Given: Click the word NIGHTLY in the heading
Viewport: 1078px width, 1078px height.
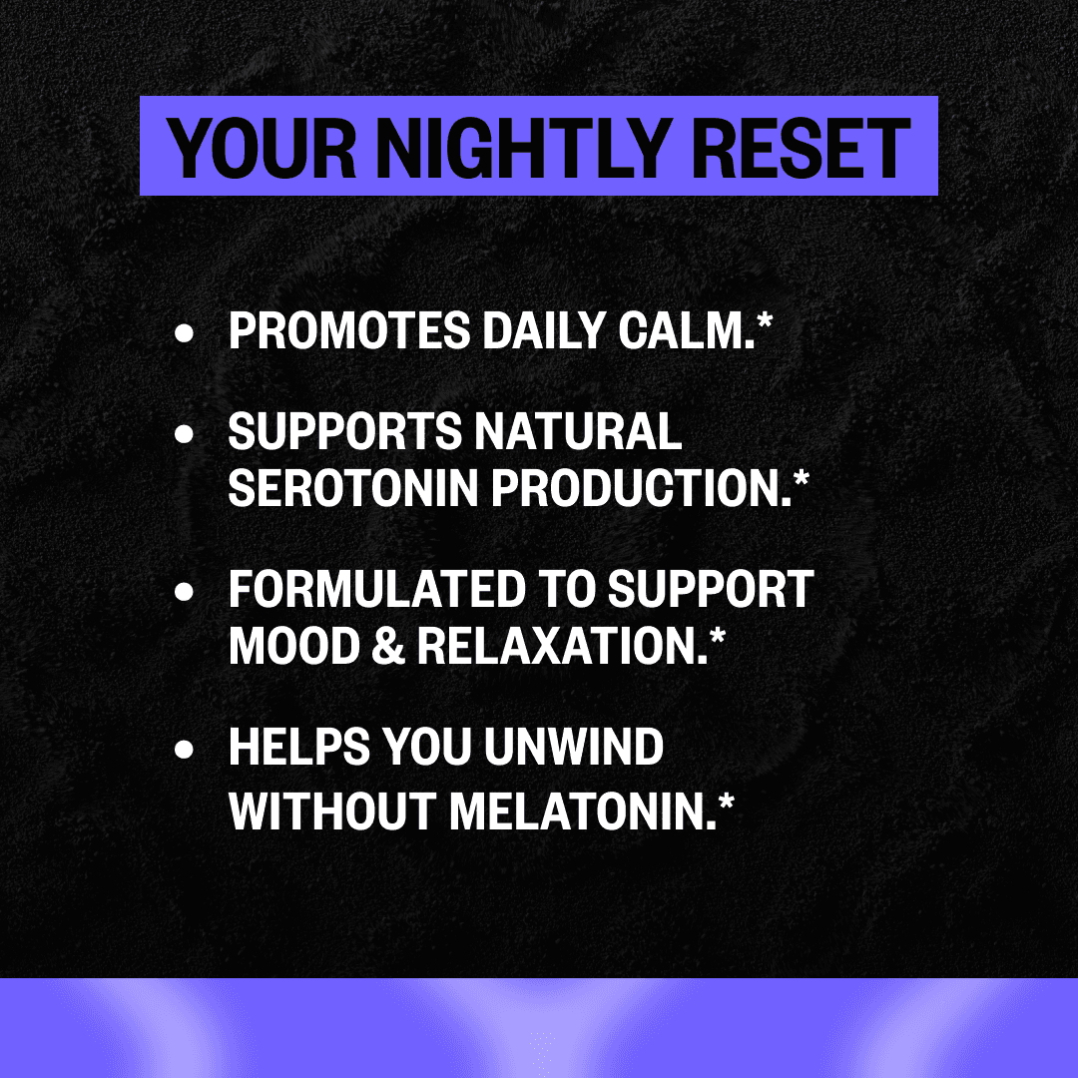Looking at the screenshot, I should pos(527,147).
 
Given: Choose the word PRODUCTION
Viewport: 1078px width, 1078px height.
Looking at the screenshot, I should pos(634,487).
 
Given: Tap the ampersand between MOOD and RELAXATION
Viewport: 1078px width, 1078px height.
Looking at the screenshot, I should pos(385,646).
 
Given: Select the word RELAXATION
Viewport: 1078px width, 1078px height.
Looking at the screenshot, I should pos(554,646).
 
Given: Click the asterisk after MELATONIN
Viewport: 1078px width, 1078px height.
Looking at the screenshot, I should pos(724,800).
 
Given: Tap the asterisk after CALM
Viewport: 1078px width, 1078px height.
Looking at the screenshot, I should pos(764,322).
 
